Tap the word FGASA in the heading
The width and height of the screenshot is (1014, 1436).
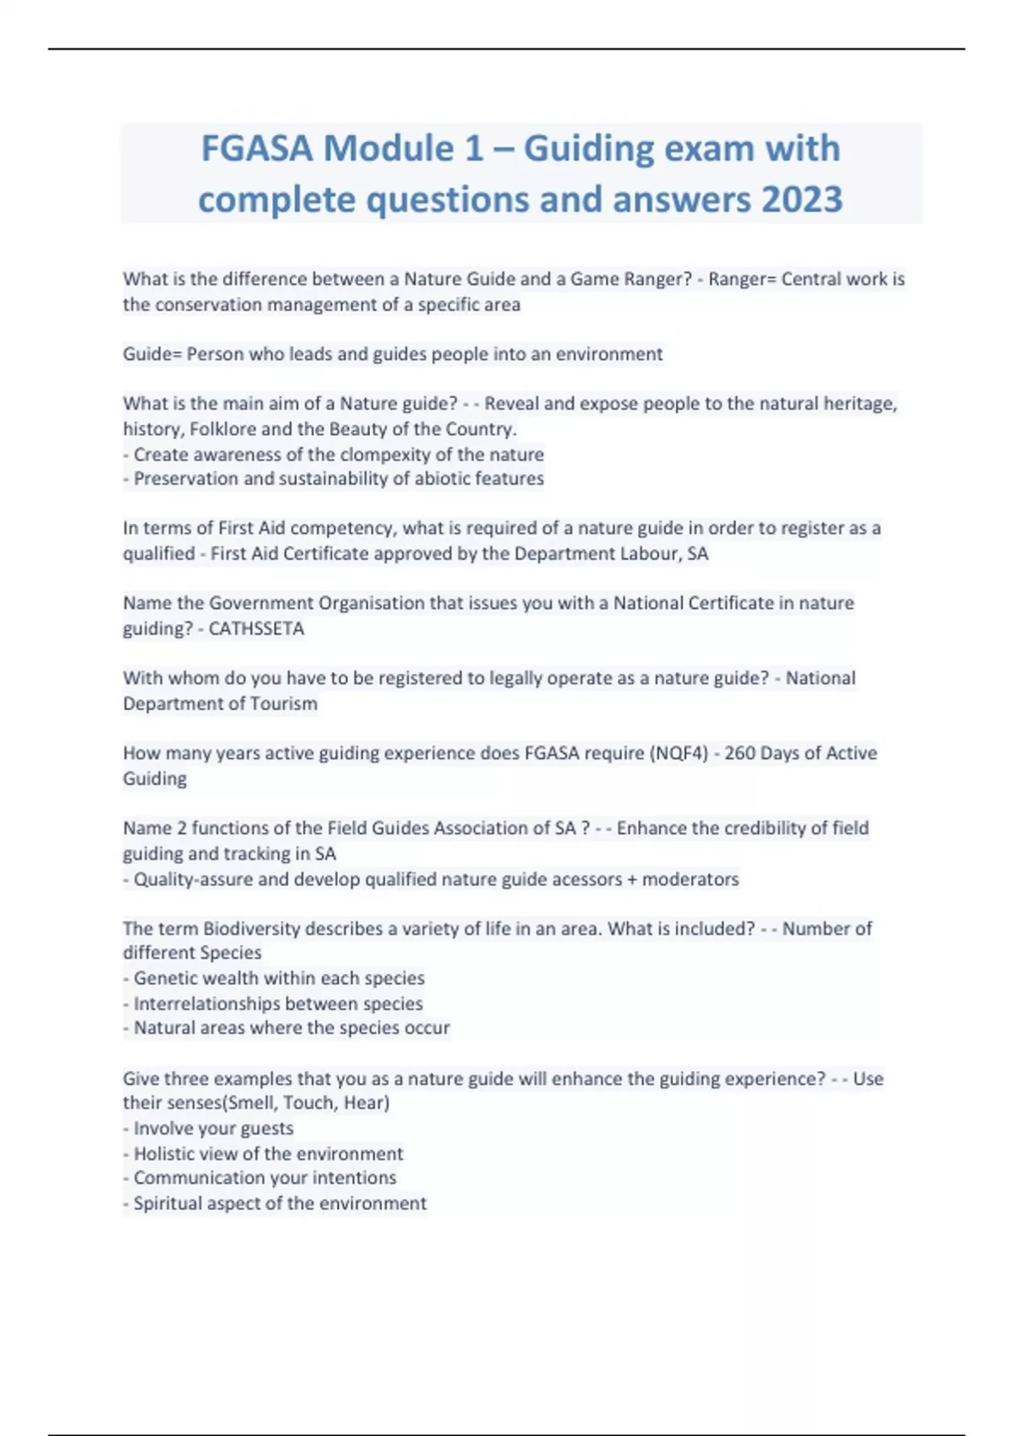[256, 149]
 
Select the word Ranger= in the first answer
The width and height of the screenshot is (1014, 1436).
[741, 279]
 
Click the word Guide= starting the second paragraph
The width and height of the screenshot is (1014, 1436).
[152, 354]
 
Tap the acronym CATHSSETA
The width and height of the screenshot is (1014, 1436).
[256, 629]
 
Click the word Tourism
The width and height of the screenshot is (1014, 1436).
[284, 704]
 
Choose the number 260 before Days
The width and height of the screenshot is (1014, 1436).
[739, 753]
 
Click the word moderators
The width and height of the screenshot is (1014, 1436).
[690, 879]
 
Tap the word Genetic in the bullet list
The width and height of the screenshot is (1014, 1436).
[166, 978]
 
